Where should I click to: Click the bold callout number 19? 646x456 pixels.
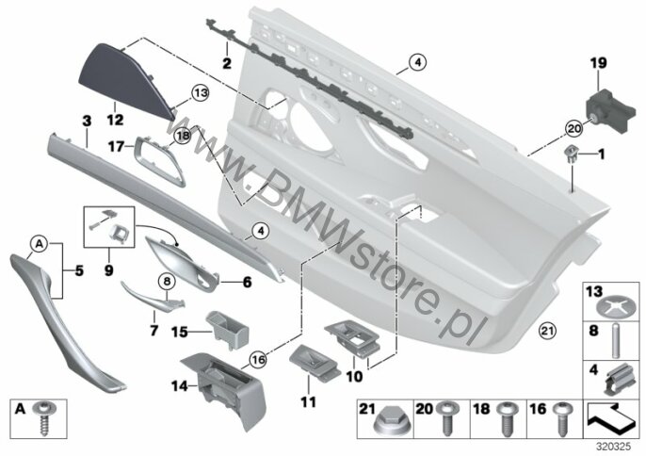[x=598, y=63]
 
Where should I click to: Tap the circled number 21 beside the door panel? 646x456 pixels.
[x=548, y=331]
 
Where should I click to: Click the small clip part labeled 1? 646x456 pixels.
[x=571, y=155]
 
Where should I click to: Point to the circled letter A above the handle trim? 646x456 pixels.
[x=40, y=244]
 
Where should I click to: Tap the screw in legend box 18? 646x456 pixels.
[x=505, y=417]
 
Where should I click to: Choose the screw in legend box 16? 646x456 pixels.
[x=561, y=417]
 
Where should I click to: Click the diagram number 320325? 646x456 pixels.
[x=615, y=447]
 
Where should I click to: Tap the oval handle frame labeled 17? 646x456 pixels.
[x=159, y=161]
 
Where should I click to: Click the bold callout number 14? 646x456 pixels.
[x=180, y=387]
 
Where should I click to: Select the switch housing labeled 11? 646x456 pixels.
[x=315, y=362]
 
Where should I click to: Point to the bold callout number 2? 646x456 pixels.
[x=227, y=63]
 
